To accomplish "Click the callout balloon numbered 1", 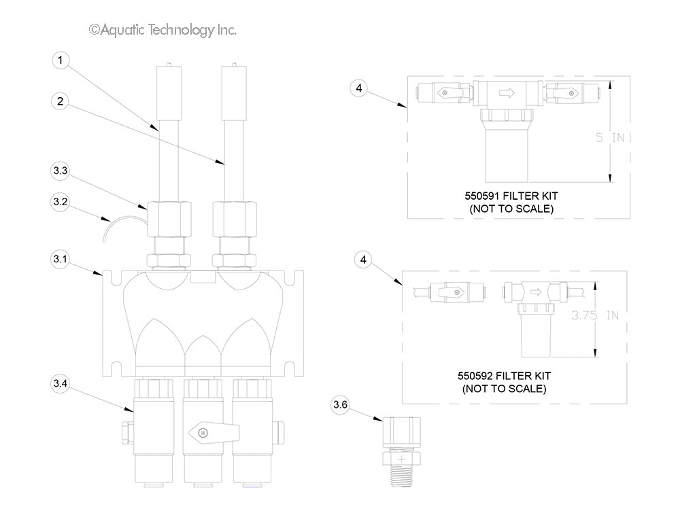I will pyautogui.click(x=61, y=60).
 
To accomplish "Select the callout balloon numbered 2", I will pyautogui.click(x=61, y=101).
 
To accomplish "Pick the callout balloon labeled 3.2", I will pyautogui.click(x=61, y=202).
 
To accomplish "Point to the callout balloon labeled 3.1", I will pyautogui.click(x=61, y=259).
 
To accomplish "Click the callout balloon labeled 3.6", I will pyautogui.click(x=340, y=406).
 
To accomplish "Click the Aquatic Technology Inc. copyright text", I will pyautogui.click(x=163, y=30).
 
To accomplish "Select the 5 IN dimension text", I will pyautogui.click(x=610, y=137).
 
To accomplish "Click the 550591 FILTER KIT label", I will pyautogui.click(x=511, y=196).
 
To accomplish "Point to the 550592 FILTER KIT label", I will pyautogui.click(x=504, y=375).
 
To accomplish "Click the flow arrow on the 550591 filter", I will pyautogui.click(x=507, y=93).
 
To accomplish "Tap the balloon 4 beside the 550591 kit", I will pyautogui.click(x=360, y=87).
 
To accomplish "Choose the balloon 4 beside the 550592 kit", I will pyautogui.click(x=364, y=260).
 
